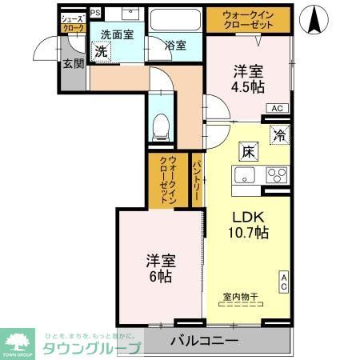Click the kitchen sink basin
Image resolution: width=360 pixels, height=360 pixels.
[244, 175]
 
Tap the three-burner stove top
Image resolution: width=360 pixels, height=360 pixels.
[276, 175]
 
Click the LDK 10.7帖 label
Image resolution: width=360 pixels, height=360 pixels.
[249, 225]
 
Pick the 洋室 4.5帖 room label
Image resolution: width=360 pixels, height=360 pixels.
[249, 78]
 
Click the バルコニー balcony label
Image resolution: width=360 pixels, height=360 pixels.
[205, 341]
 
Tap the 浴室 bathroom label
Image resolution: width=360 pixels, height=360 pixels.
[175, 46]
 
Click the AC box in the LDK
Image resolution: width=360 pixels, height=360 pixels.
[283, 281]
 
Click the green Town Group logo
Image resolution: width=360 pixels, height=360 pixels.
[22, 340]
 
